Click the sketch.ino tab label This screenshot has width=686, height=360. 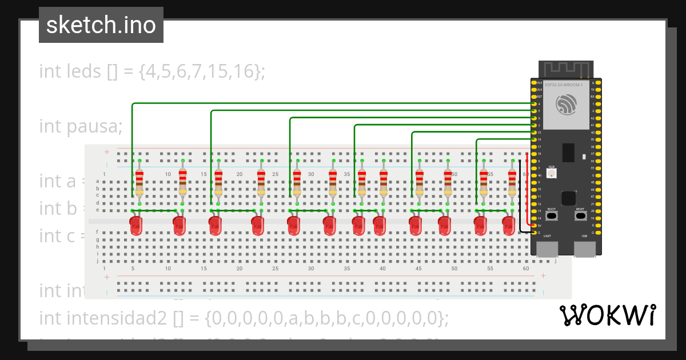click(x=101, y=25)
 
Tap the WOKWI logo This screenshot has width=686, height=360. click(x=607, y=315)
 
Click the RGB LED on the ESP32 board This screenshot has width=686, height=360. click(x=552, y=172)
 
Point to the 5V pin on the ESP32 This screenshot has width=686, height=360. click(x=534, y=225)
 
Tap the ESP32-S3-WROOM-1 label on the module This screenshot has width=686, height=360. click(x=564, y=85)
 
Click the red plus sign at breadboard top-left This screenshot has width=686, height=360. click(x=106, y=152)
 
